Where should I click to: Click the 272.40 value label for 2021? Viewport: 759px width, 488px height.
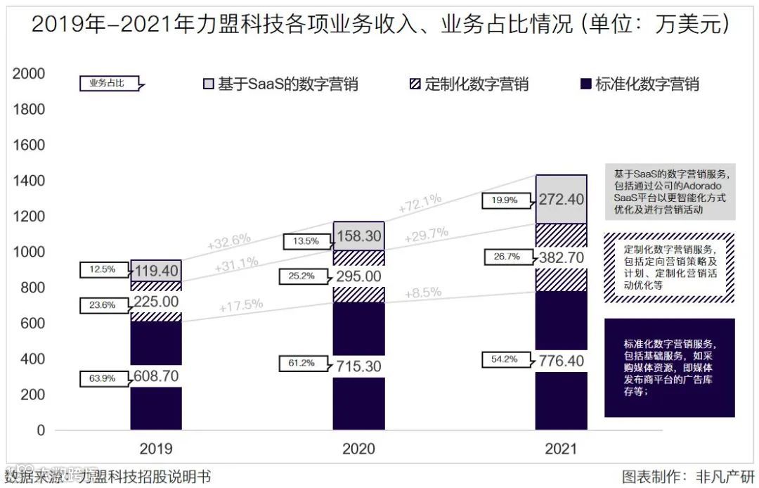(x=561, y=200)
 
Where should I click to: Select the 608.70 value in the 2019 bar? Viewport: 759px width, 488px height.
(x=155, y=377)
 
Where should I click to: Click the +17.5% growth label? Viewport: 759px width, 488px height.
(x=241, y=305)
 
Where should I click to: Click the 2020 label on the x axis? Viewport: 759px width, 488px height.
(x=358, y=449)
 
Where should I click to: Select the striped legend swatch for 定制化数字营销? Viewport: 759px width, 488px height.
(x=415, y=84)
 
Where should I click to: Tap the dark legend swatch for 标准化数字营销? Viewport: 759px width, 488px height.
(x=585, y=84)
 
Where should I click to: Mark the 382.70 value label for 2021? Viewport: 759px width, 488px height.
(x=561, y=257)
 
